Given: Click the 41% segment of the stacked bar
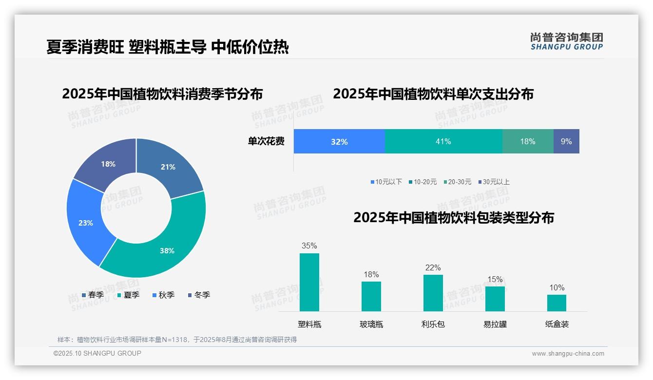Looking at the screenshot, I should (x=443, y=141).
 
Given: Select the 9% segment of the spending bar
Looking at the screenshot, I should (x=566, y=141).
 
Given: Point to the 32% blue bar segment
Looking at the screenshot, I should (x=339, y=141).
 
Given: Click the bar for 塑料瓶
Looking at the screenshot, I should (x=309, y=282).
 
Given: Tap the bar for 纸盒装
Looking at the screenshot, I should (x=557, y=303).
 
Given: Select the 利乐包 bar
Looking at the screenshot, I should (x=433, y=293).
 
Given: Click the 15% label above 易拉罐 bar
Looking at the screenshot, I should (x=495, y=279).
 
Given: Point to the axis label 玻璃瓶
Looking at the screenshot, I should (x=371, y=324).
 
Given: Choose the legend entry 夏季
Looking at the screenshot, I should (x=129, y=295).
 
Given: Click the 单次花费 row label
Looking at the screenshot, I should (x=266, y=141).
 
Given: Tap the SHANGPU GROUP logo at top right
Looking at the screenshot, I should (x=566, y=41).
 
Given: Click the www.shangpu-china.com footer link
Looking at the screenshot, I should (x=568, y=353).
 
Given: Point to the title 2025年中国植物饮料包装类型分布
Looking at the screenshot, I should (x=453, y=217).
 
